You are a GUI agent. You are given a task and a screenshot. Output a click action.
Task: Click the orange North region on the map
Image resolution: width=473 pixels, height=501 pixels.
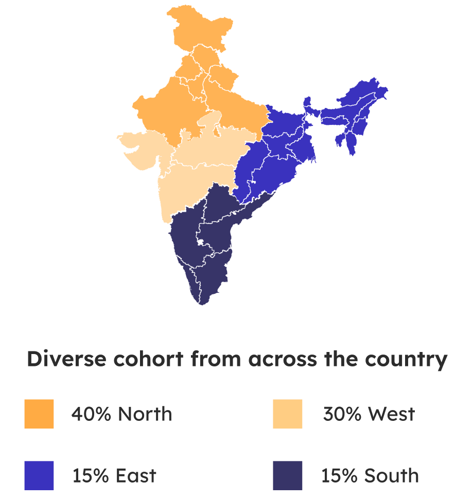(x=206, y=98)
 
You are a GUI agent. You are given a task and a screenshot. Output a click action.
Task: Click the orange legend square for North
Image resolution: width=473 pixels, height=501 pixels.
(x=39, y=414)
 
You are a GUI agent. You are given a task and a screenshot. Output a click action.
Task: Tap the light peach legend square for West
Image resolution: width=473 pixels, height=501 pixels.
(x=288, y=414)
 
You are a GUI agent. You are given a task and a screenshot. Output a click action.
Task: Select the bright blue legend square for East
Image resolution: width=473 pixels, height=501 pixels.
(x=39, y=475)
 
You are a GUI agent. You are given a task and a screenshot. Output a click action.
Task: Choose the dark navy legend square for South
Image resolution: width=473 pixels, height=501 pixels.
(x=288, y=475)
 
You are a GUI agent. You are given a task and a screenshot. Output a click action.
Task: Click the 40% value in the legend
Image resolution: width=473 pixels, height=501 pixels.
(x=91, y=414)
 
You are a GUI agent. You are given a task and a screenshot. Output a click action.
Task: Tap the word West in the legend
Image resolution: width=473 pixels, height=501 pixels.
(x=391, y=414)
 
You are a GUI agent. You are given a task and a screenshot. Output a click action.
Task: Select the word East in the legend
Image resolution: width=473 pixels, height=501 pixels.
(x=136, y=476)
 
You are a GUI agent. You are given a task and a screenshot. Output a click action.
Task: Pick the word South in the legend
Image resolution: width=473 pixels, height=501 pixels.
(x=394, y=476)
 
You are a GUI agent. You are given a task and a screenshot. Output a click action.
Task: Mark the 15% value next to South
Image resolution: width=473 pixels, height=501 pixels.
(x=339, y=476)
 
